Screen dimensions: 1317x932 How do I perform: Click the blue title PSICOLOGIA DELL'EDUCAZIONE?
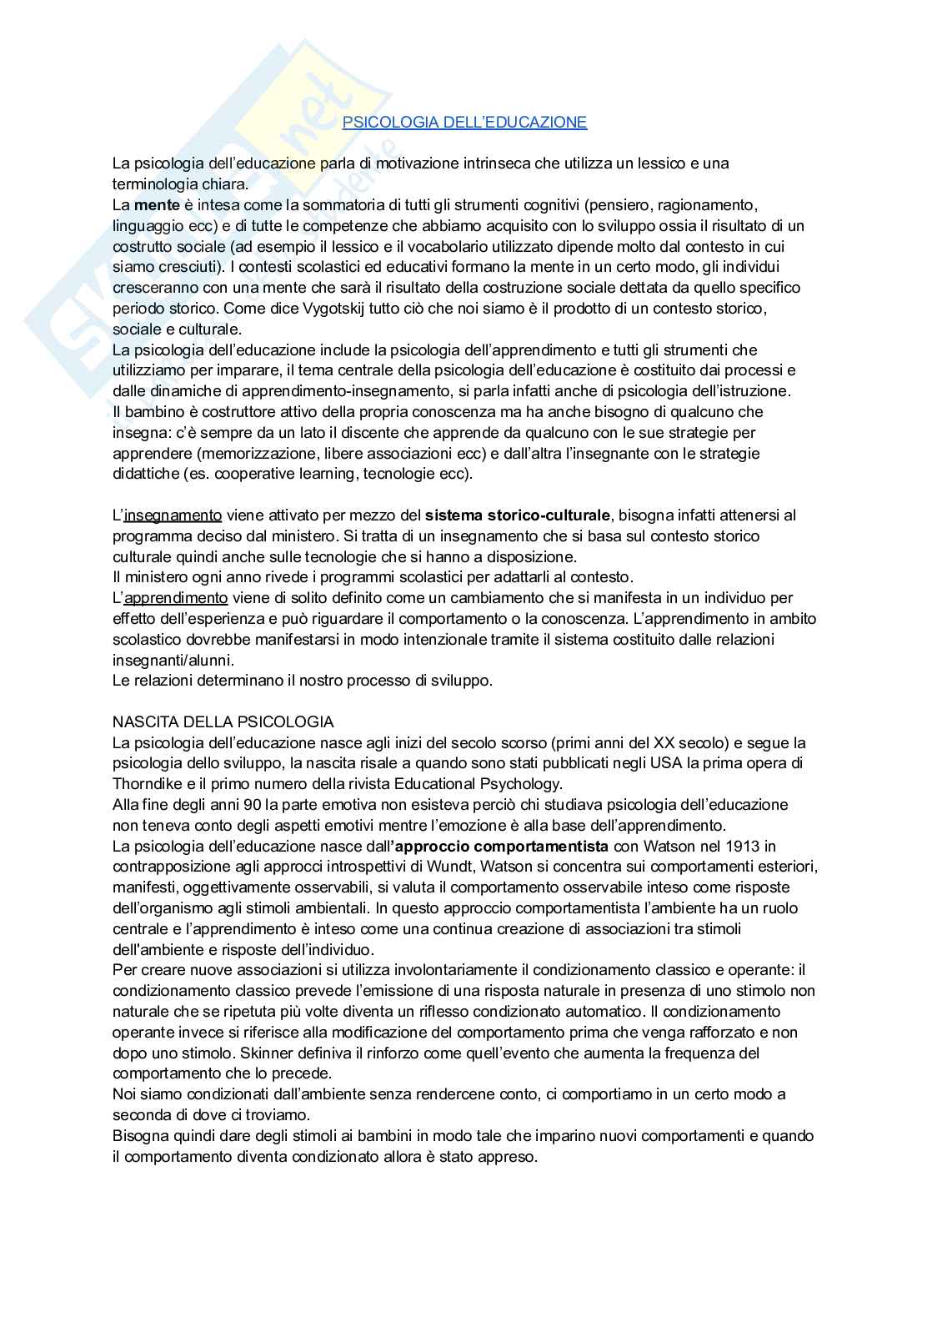(x=464, y=123)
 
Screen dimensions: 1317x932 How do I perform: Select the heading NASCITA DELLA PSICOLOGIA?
(x=223, y=722)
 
